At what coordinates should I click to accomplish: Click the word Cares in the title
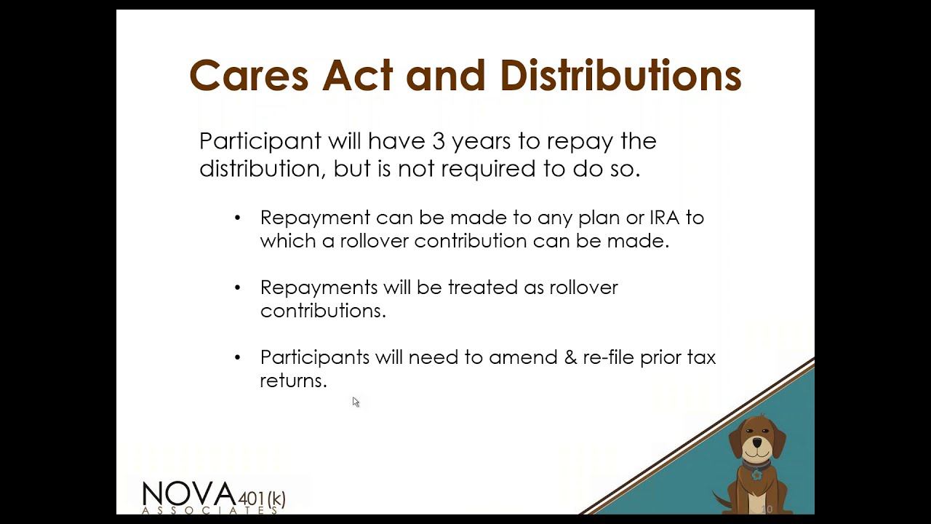[249, 76]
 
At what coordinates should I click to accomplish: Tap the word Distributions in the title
[620, 76]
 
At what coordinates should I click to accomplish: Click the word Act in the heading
[357, 76]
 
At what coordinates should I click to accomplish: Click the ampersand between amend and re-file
[570, 357]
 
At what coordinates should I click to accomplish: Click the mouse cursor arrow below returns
[355, 401]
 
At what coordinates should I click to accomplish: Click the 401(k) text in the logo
[262, 499]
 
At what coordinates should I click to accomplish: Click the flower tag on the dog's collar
[757, 475]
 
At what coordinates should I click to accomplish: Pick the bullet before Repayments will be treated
[237, 287]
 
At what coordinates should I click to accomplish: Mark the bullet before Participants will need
[237, 357]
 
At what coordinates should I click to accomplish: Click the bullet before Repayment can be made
[237, 218]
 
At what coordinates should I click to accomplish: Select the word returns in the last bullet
[293, 381]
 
